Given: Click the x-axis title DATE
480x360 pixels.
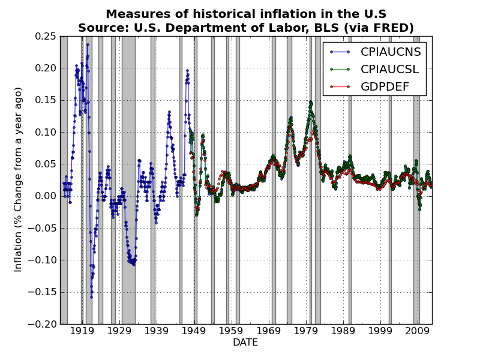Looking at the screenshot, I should (x=245, y=343).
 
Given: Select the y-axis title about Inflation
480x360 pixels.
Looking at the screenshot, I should (x=19, y=179).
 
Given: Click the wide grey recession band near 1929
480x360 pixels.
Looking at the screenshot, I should (x=128, y=180).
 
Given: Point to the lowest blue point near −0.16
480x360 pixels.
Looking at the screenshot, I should (x=91, y=297).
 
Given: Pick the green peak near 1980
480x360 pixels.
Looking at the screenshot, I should (x=310, y=102).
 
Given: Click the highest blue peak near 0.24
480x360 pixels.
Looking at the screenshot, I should (x=88, y=44).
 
